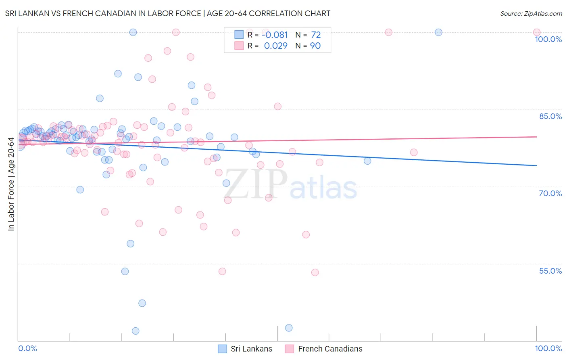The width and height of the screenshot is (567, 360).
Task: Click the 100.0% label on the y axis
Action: (548, 39)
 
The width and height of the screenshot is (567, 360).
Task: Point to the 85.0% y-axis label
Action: (550, 116)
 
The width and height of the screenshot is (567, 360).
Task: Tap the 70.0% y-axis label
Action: (550, 193)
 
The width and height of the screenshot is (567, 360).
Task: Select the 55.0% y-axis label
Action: (550, 271)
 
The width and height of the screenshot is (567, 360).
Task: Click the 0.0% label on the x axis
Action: (27, 348)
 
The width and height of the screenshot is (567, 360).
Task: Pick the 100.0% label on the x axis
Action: (548, 348)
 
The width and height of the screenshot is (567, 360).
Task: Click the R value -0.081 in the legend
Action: (275, 35)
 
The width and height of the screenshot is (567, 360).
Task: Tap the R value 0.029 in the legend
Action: (275, 46)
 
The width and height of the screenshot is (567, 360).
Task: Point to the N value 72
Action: (315, 35)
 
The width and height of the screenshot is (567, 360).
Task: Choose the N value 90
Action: (315, 46)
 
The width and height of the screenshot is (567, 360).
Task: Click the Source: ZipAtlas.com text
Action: (531, 14)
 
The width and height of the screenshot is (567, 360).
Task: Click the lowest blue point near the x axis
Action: (135, 331)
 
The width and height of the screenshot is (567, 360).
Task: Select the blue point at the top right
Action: (438, 32)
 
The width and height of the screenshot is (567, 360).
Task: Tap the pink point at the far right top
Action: (536, 32)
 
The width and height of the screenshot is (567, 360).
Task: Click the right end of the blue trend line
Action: (536, 165)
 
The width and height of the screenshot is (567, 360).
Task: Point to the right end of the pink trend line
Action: (536, 137)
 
